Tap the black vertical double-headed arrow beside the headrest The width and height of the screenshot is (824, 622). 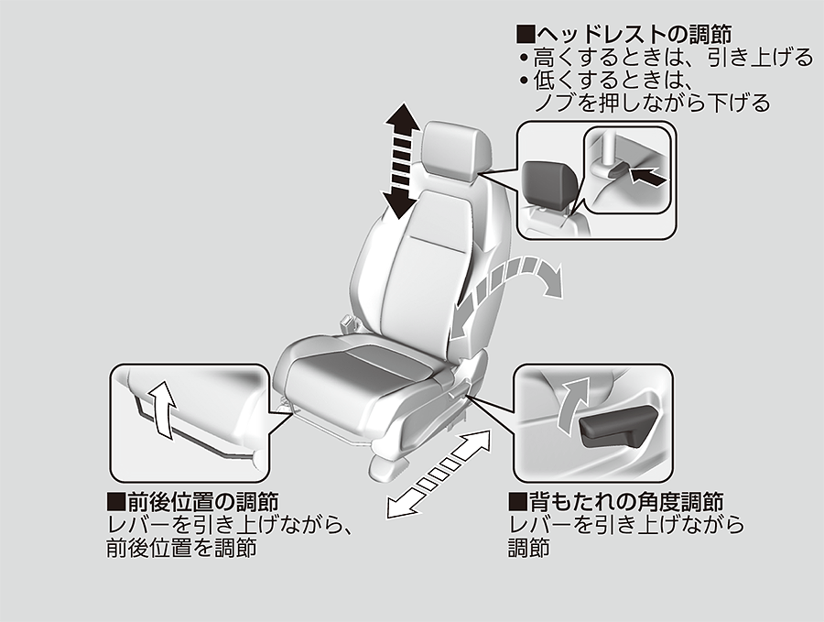click(403, 160)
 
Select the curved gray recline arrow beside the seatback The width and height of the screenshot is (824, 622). click(504, 294)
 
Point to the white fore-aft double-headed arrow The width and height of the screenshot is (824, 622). click(439, 474)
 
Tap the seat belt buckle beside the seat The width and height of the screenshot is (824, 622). click(348, 322)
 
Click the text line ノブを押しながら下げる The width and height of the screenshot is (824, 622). click(652, 103)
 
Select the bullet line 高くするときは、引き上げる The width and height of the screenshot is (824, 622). click(667, 58)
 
